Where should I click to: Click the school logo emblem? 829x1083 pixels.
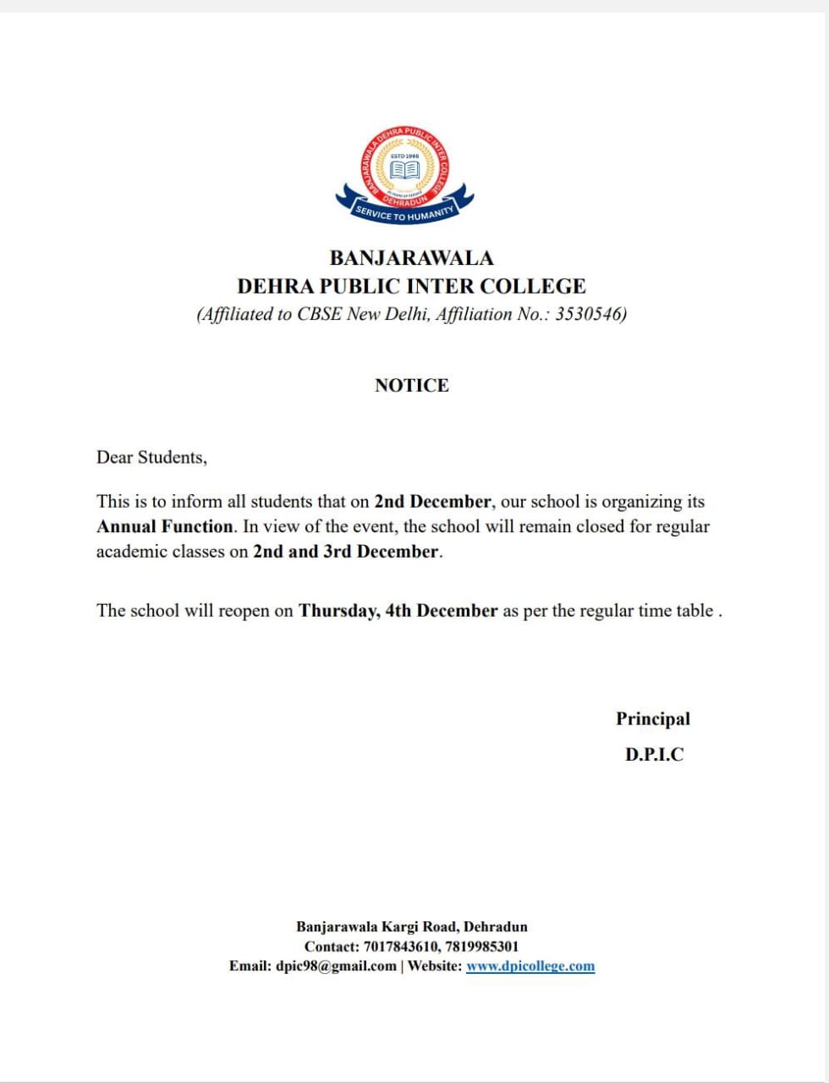click(x=404, y=176)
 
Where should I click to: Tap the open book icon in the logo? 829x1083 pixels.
click(x=404, y=170)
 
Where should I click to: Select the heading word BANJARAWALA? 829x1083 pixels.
click(x=411, y=258)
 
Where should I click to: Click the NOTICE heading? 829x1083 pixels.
click(x=412, y=386)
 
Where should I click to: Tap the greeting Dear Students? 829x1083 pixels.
click(x=151, y=458)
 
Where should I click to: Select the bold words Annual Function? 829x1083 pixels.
click(x=165, y=526)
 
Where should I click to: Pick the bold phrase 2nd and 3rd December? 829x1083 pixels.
click(x=347, y=552)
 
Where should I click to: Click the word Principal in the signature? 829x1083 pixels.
click(x=653, y=719)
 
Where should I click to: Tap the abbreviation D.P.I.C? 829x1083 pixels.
click(x=654, y=755)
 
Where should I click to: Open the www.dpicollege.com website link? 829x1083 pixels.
click(x=530, y=966)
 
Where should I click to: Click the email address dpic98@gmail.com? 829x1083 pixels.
click(x=336, y=966)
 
